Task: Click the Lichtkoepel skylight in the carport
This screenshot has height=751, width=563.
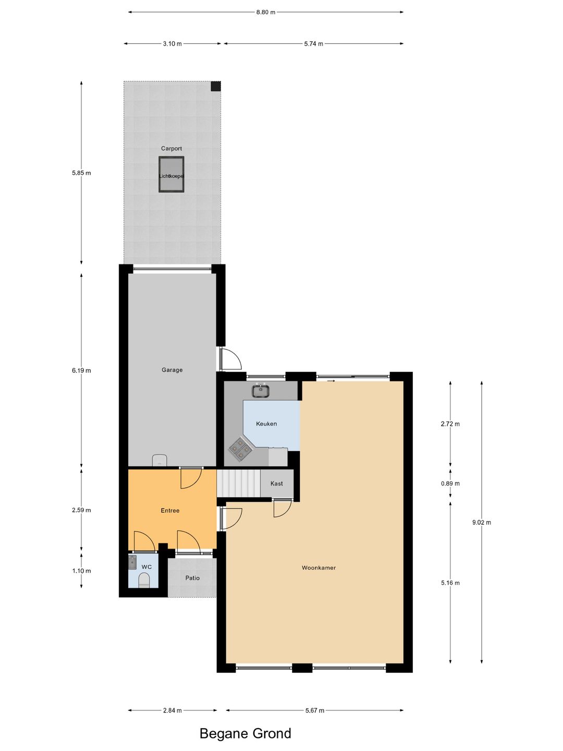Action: [x=172, y=175]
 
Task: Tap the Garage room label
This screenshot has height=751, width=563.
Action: [x=172, y=370]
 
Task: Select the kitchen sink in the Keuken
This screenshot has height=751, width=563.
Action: [x=261, y=390]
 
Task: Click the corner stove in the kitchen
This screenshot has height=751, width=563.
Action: [x=239, y=449]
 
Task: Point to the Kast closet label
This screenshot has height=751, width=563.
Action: [x=277, y=484]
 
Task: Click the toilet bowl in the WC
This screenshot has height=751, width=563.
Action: [x=144, y=580]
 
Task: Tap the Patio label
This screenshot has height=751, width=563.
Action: [x=192, y=578]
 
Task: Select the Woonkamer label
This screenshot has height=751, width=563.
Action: [x=319, y=568]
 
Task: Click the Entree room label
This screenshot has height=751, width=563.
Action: [x=170, y=511]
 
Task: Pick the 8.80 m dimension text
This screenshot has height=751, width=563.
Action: [x=265, y=12]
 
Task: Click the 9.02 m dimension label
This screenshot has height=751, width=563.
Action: [x=482, y=523]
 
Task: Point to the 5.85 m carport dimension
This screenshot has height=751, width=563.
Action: [x=81, y=173]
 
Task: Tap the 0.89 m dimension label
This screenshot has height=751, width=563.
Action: [x=450, y=483]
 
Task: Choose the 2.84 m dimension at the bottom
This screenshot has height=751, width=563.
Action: [x=173, y=710]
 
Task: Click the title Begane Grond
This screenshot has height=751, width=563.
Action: [x=245, y=734]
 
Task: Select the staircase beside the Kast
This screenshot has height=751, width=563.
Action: [x=238, y=483]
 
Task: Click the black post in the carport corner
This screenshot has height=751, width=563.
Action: [x=216, y=86]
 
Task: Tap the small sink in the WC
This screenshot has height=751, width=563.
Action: [x=132, y=562]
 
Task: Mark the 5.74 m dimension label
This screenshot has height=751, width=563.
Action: [x=313, y=44]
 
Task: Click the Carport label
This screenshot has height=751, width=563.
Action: [x=172, y=149]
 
